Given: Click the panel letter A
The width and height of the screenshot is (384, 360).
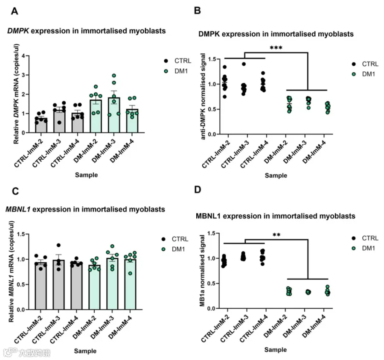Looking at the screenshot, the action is [x=15, y=11].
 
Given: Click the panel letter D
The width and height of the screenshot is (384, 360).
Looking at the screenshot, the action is [x=198, y=190].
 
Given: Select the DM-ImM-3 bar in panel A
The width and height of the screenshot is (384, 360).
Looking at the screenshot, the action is [x=114, y=115].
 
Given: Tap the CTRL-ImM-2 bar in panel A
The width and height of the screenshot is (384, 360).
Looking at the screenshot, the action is [x=41, y=125].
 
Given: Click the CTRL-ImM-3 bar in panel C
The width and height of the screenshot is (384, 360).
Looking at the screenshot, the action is [x=58, y=285].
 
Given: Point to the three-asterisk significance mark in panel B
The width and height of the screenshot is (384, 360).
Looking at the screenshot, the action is [x=276, y=47].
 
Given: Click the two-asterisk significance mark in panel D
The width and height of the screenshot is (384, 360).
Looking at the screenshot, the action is [x=276, y=235].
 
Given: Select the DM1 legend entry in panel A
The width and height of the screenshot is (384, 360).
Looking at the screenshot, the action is [x=176, y=71].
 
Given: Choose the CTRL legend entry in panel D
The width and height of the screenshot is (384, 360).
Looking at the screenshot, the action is [x=365, y=238].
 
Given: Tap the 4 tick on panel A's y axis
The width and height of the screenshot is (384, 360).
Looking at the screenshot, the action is [x=23, y=56].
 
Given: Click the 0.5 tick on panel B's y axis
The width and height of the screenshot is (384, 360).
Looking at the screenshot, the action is [x=212, y=109].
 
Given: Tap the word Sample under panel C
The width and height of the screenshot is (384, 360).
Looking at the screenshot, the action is [x=85, y=351].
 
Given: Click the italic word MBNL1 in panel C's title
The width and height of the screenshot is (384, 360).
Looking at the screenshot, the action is [x=18, y=209].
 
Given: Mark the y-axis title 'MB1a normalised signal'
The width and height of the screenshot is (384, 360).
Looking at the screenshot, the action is [x=202, y=271].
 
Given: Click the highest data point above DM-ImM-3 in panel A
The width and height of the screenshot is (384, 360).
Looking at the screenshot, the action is [x=114, y=76].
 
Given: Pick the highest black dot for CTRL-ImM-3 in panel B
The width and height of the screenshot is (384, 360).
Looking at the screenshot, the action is [x=244, y=64].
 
